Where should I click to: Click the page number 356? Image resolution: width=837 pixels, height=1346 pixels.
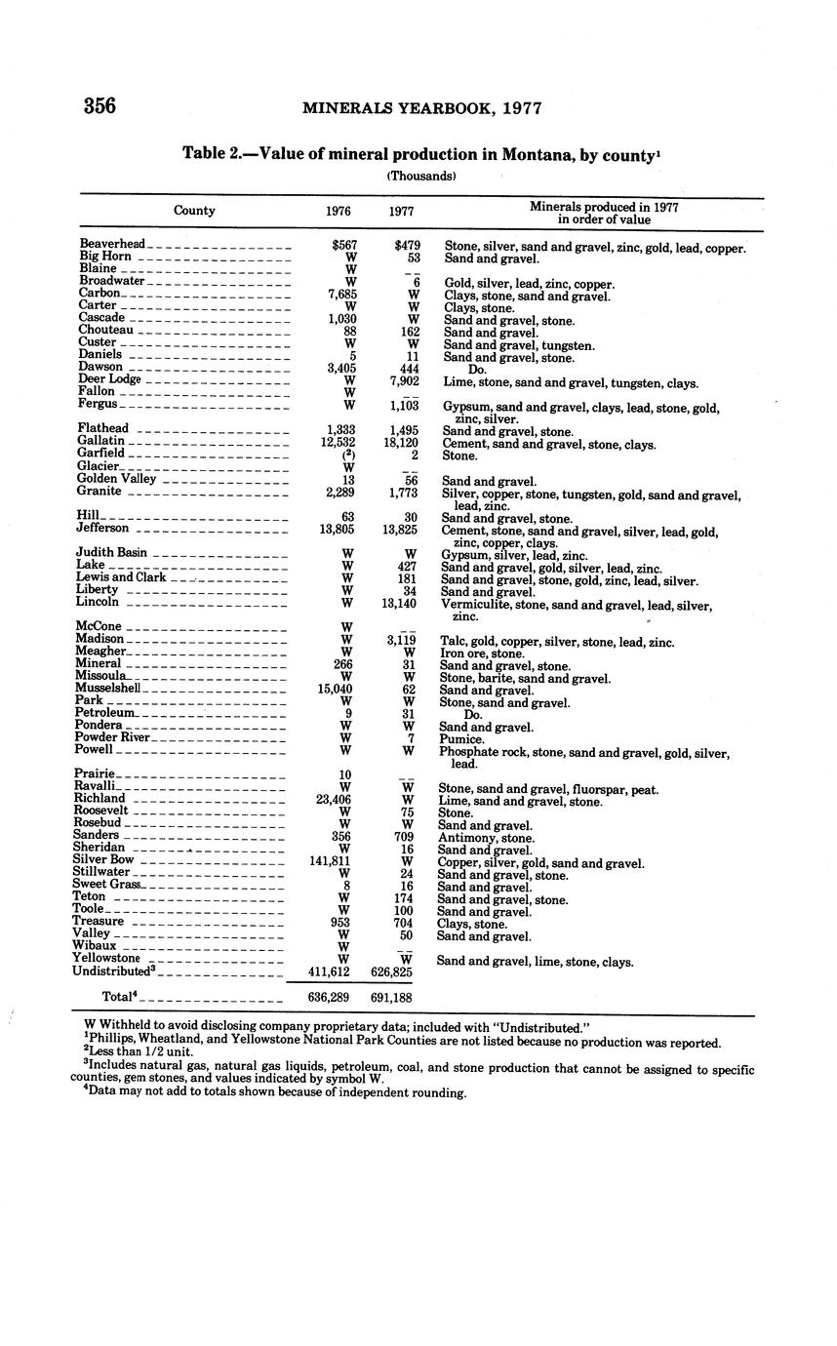point(100,105)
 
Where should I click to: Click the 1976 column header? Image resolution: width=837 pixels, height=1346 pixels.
point(339,211)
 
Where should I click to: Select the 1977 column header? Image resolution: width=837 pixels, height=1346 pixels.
point(400,211)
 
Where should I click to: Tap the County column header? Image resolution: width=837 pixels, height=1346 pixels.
point(194,210)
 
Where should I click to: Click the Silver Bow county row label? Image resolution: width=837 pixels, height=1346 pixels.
point(102,860)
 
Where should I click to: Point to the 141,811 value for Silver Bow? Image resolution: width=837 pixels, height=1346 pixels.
point(332,860)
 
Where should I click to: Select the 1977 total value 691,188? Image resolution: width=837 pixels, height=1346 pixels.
point(391,998)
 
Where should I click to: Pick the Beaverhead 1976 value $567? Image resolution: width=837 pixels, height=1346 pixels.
point(341,244)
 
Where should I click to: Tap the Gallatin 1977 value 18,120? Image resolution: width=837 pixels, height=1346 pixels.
point(396,442)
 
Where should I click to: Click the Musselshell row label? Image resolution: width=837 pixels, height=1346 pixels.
point(107,688)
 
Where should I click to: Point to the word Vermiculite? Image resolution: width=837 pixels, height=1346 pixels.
point(475,605)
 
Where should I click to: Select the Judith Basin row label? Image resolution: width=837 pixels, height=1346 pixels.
point(110,553)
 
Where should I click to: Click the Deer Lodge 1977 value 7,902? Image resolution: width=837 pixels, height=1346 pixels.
point(400,379)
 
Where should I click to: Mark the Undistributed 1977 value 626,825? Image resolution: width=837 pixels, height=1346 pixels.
point(391,972)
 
